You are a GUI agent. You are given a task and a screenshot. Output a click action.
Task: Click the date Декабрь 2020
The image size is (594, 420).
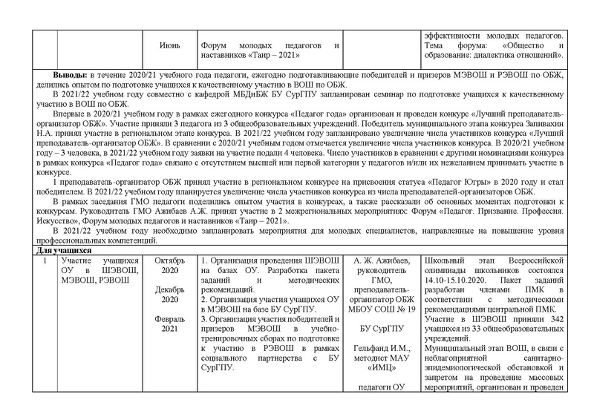click(169, 295)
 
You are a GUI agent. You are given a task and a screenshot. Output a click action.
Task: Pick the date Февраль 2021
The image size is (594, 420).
click(169, 323)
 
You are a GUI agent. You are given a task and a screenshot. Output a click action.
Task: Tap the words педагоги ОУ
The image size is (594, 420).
click(382, 387)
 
